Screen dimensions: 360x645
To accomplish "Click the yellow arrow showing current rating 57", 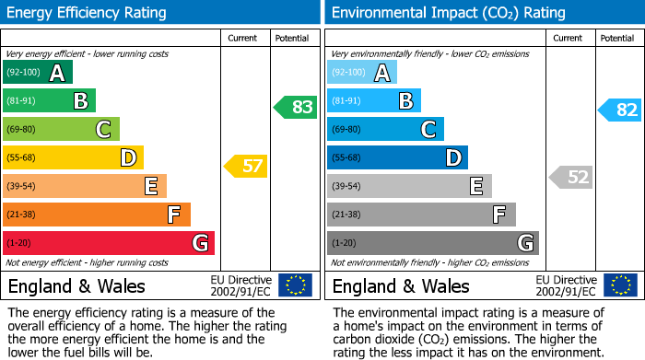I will click(x=245, y=167).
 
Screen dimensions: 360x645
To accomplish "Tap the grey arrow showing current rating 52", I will click(x=570, y=177).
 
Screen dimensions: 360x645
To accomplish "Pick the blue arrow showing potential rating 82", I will click(x=620, y=110).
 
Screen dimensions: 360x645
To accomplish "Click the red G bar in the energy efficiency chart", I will click(x=109, y=243).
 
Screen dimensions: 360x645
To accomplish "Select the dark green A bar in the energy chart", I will click(x=37, y=73).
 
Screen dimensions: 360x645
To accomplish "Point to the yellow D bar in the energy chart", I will click(x=73, y=157).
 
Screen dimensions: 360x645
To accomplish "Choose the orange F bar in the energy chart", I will click(x=97, y=215).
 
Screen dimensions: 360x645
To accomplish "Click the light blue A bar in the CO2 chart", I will click(x=361, y=73).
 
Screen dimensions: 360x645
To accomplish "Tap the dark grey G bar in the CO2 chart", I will click(x=432, y=243).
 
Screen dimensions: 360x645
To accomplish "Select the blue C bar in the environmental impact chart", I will click(x=385, y=129).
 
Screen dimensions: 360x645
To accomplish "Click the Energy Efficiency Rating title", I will click(x=88, y=13).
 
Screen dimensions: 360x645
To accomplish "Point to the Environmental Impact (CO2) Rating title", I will click(x=448, y=13).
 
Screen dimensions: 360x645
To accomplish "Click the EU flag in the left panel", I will click(x=295, y=285).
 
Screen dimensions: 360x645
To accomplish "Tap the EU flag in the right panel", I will click(x=619, y=285).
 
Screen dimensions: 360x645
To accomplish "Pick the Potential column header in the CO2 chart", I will click(x=616, y=38).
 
